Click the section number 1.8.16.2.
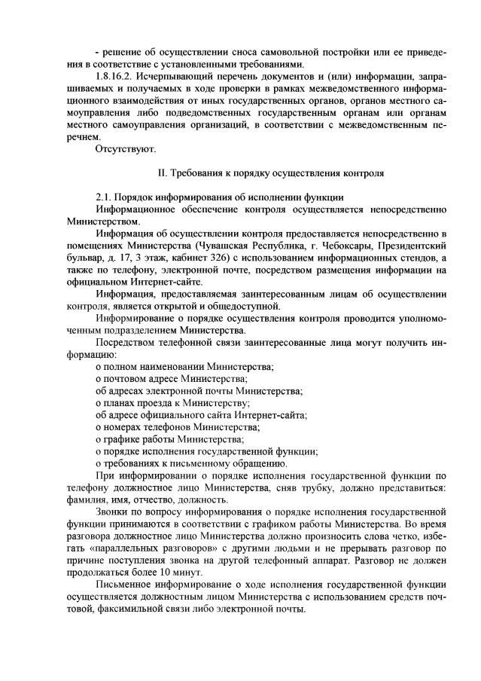coord(118,77)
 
